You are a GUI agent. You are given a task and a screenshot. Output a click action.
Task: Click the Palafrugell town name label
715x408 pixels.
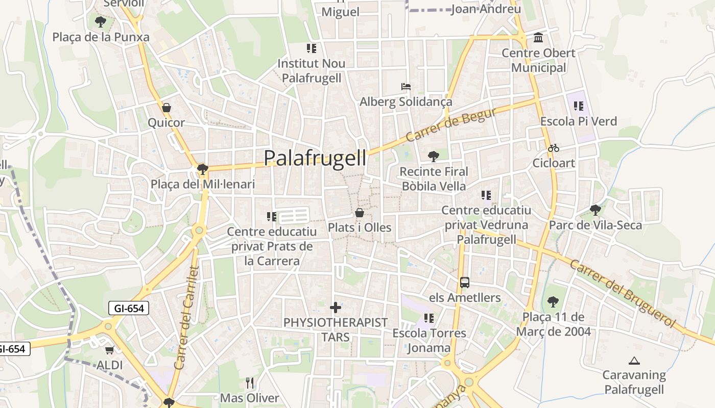pyautogui.click(x=315, y=158)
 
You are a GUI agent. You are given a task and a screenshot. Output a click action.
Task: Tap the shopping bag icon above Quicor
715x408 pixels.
pyautogui.click(x=166, y=108)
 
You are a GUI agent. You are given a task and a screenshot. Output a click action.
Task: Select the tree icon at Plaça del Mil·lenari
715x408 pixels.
pyautogui.click(x=203, y=169)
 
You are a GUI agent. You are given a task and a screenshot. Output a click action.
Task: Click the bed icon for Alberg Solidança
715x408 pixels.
pyautogui.click(x=406, y=87)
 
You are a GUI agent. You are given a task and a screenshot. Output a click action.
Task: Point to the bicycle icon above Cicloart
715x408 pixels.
pyautogui.click(x=554, y=148)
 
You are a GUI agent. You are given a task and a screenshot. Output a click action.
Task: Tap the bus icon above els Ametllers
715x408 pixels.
pyautogui.click(x=465, y=282)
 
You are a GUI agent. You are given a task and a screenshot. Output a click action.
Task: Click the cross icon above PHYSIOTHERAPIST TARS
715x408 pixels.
pyautogui.click(x=336, y=308)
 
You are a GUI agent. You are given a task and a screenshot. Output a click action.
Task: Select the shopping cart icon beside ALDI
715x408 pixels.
pyautogui.click(x=109, y=350)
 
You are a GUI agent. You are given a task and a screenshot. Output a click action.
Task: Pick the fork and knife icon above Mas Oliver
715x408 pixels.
pyautogui.click(x=250, y=382)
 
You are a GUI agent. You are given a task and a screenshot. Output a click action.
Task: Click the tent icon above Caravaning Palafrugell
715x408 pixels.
pyautogui.click(x=634, y=361)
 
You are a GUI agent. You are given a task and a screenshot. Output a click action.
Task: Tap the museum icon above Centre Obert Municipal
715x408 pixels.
pyautogui.click(x=538, y=38)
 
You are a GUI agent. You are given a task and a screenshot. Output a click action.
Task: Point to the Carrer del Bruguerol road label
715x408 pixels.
pyautogui.click(x=623, y=294)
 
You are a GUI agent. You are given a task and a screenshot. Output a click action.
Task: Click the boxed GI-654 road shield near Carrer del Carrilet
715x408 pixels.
pyautogui.click(x=129, y=308)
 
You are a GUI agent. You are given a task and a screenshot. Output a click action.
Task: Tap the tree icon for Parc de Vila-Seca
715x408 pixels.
pyautogui.click(x=595, y=210)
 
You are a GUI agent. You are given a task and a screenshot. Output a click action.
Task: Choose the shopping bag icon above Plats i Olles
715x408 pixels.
pyautogui.click(x=360, y=212)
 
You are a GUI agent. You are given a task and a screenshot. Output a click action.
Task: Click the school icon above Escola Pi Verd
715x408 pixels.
pyautogui.click(x=578, y=106)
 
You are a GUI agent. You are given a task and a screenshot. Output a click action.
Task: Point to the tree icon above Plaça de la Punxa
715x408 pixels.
pyautogui.click(x=101, y=22)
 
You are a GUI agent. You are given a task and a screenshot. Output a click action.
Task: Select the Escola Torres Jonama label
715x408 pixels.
pyautogui.click(x=429, y=340)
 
